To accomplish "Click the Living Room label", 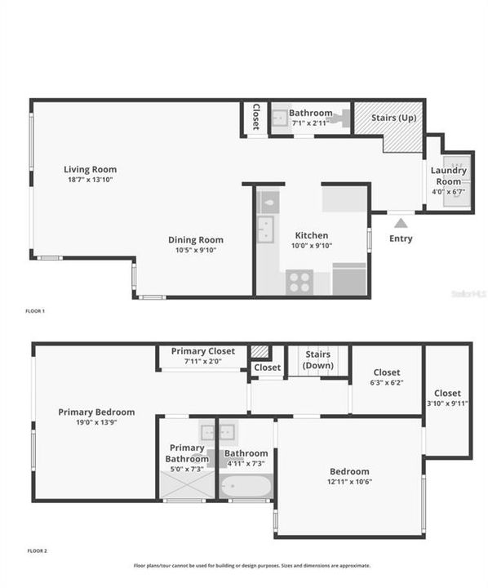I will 90,170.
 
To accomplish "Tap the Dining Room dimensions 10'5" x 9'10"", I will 195,251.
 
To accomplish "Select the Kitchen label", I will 311,235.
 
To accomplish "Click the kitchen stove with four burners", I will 299,282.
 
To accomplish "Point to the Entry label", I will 401,238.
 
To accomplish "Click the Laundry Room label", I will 449,176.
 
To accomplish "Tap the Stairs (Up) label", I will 397,118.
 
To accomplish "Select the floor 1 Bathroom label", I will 310,113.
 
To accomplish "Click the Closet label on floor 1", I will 255,118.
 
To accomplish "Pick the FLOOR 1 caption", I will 36,311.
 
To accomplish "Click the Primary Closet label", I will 203,351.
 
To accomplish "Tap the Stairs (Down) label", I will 317,359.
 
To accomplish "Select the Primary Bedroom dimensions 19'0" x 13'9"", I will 96,422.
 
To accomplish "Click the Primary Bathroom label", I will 187,452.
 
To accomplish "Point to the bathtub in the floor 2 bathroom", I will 246,488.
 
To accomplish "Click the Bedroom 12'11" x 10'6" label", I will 349,471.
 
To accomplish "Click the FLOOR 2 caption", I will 36,551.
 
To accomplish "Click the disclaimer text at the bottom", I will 251,565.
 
